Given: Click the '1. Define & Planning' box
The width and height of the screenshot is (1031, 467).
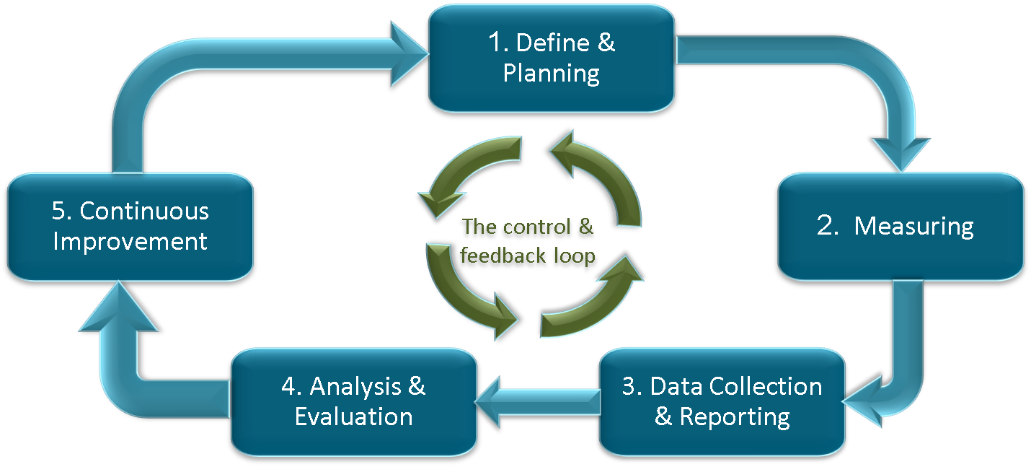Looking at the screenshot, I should tap(552, 58).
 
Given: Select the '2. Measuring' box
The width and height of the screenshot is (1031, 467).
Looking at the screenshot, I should tap(901, 226).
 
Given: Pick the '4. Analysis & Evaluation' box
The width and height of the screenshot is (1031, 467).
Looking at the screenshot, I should tap(353, 401).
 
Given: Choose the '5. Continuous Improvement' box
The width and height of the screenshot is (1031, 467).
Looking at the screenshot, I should tap(130, 226).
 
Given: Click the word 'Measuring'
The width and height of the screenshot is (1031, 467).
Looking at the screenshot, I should tap(913, 226).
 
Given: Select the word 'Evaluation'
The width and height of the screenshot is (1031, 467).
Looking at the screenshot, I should tap(353, 416).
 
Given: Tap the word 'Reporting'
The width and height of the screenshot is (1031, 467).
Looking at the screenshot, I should tap(734, 416).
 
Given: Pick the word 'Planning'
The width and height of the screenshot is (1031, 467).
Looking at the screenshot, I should tap(552, 74).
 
